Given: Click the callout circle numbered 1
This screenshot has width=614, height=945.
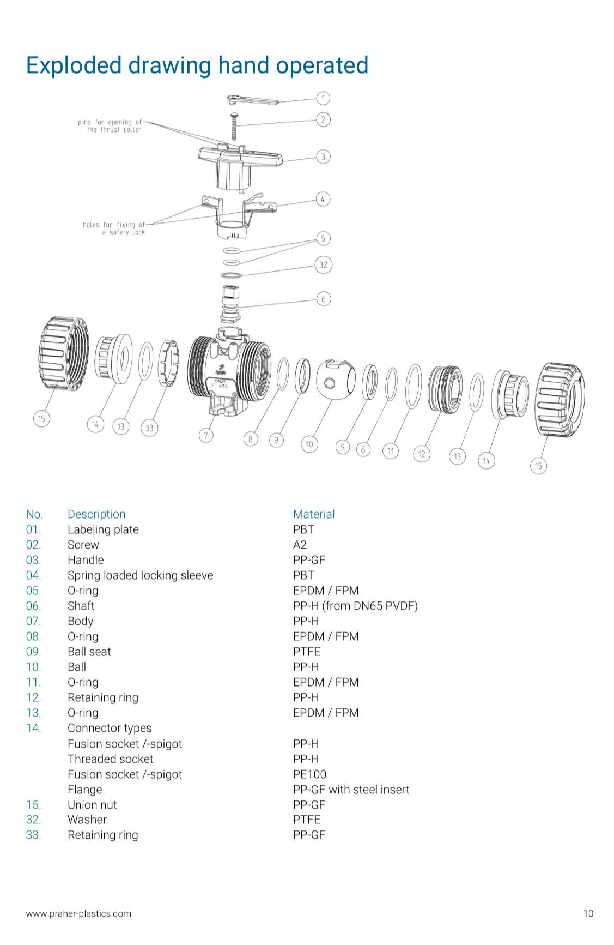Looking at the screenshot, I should point(323,98).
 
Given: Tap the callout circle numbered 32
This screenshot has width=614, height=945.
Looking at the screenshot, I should point(323,265).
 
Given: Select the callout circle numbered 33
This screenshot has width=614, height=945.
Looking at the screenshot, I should point(149,428).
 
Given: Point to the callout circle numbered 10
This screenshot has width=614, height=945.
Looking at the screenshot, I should point(309,444).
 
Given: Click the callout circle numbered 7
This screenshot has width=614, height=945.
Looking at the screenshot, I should point(206,435).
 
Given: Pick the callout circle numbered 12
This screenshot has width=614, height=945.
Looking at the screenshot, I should point(421,454).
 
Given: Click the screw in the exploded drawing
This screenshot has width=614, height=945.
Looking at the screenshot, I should point(235,127).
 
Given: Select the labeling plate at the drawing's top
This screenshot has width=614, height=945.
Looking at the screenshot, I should point(252,100).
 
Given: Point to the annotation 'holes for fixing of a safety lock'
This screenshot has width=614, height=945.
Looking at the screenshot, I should point(114,228).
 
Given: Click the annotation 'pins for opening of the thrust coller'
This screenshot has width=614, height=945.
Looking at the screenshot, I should point(110,126).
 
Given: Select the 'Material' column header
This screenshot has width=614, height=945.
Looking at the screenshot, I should point(314,514).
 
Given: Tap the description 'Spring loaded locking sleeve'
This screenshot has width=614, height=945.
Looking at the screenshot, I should point(140,575).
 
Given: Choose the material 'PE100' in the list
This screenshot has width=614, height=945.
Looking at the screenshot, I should point(309,774).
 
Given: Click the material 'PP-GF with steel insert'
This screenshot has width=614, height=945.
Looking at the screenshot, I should point(351,790).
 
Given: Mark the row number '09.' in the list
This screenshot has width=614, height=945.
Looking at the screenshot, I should point(33,652).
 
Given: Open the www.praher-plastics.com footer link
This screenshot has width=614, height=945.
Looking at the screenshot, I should point(78,914).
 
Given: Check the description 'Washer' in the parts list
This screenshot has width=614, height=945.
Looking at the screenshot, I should point(87,820).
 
